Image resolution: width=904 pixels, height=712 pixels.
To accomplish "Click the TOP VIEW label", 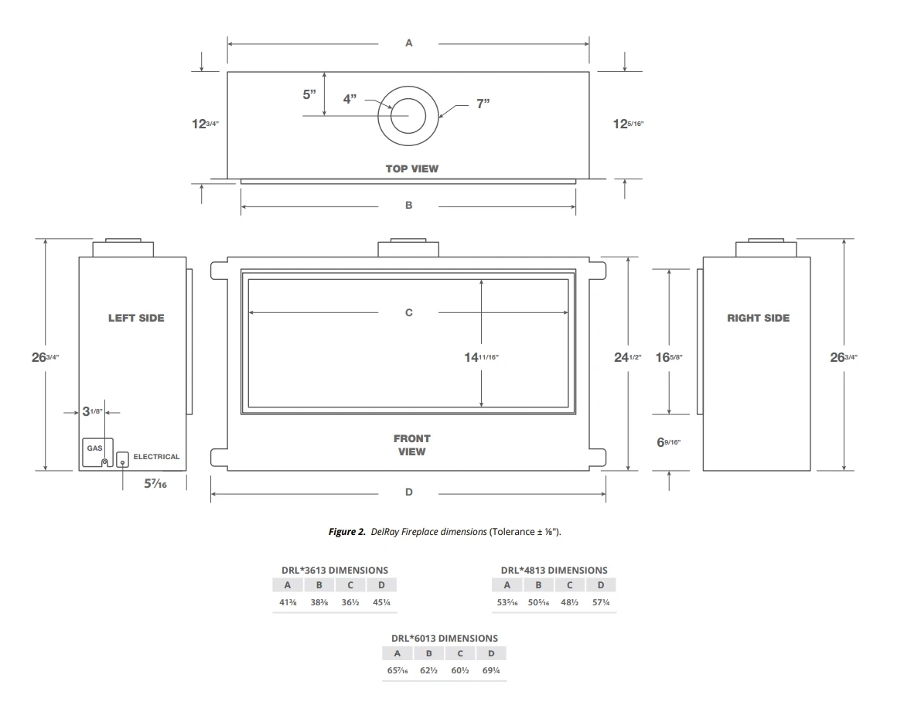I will (411, 169).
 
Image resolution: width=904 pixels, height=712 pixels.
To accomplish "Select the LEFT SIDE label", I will (136, 318).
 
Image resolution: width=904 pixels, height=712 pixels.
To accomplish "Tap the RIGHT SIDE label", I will (758, 318).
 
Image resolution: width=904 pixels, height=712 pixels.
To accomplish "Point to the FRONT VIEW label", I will (411, 445).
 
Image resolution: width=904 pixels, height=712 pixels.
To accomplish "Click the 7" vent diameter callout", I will (483, 104).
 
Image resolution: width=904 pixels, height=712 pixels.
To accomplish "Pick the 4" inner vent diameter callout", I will (350, 99).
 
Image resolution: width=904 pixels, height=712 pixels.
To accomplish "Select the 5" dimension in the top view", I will (309, 94).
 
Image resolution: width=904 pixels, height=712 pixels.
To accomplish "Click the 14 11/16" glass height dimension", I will (481, 357).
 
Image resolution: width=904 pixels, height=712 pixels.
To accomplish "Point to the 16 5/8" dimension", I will (669, 356).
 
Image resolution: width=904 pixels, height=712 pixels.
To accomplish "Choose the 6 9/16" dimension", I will (668, 442).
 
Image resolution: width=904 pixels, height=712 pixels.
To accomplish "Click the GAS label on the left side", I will (94, 448).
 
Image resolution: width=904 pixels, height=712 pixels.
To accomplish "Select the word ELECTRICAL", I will (156, 457).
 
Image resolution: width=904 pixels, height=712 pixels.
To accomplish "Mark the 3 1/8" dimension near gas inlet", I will (92, 411).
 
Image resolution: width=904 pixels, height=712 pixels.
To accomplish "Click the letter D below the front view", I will (409, 492).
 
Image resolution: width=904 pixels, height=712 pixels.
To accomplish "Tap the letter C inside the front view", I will (409, 312).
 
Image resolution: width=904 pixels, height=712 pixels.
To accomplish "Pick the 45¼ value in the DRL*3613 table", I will (381, 602).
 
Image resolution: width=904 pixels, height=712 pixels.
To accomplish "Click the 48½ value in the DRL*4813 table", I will (569, 602).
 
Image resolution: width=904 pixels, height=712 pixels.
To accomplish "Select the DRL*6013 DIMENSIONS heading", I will (444, 638).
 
